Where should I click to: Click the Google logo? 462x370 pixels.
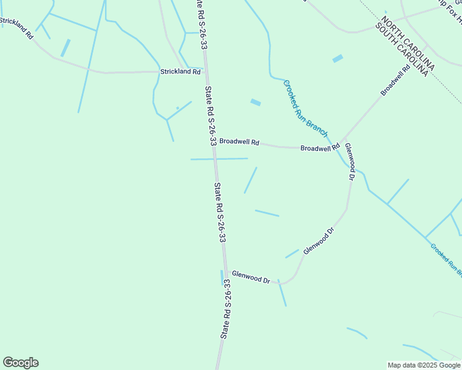(x=20, y=363)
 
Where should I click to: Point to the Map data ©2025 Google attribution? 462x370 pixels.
(x=423, y=365)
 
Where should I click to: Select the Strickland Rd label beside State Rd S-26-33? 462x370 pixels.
(x=180, y=72)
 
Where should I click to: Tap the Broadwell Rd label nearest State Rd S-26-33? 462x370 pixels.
(x=239, y=141)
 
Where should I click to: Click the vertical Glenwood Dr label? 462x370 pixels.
(x=350, y=162)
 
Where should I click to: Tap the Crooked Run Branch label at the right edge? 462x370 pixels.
(x=446, y=258)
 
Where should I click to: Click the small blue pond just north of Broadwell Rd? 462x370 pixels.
(x=255, y=102)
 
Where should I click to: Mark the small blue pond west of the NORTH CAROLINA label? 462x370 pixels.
(x=337, y=59)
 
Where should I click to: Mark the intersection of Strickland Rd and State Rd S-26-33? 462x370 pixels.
(x=206, y=71)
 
